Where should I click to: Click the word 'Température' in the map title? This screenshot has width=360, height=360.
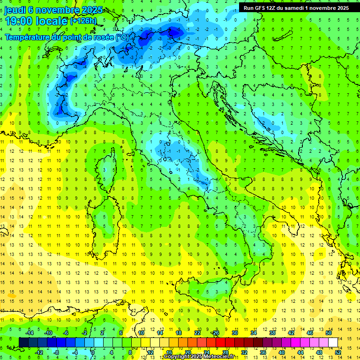click(x=28, y=37)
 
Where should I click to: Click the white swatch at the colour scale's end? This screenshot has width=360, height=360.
click(x=333, y=342)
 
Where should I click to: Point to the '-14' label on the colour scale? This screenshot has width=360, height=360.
click(x=29, y=333)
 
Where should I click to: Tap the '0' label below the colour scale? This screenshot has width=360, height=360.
click(x=93, y=352)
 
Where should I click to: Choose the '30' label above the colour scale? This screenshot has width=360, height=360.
click(x=234, y=333)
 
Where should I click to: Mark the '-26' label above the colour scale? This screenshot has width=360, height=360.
click(x=215, y=333)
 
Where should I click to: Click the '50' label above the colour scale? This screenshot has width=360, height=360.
click(x=329, y=333)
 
